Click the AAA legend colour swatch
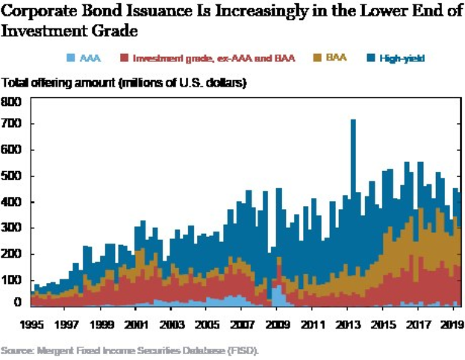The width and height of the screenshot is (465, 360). (70, 58)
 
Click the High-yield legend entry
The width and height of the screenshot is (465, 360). (400, 58)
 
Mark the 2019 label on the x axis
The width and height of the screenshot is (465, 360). (449, 326)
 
